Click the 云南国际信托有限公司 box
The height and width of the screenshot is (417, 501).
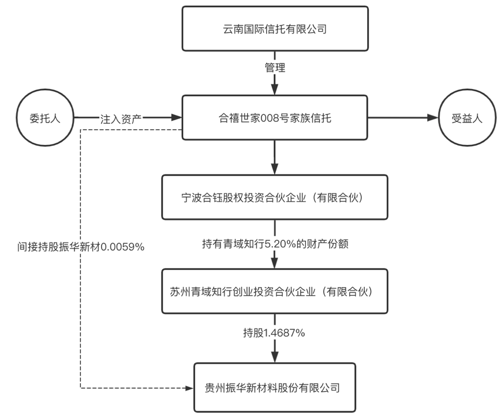(x=274, y=28)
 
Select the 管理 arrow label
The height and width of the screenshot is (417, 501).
(x=274, y=68)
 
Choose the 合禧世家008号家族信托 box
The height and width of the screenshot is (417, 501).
(x=274, y=118)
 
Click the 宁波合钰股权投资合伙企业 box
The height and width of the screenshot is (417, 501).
(x=274, y=198)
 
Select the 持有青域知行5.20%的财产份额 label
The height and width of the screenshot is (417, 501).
(x=274, y=244)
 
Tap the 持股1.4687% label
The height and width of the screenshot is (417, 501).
(x=274, y=333)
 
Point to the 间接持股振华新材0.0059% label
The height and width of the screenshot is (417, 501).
(x=81, y=247)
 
